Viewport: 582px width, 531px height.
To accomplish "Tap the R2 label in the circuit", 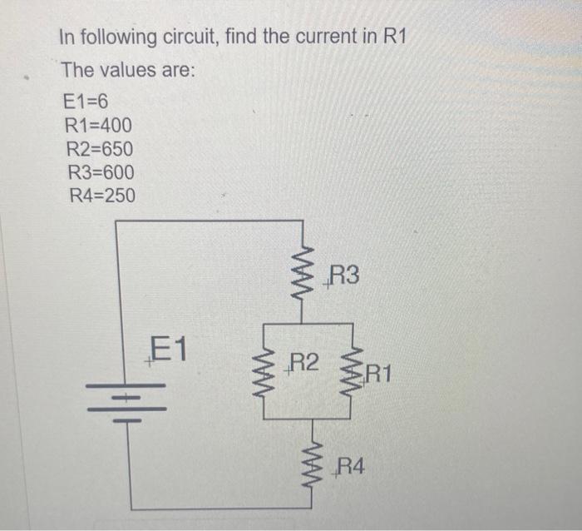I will tap(303, 362).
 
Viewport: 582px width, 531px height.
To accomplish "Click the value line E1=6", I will tap(86, 103).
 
